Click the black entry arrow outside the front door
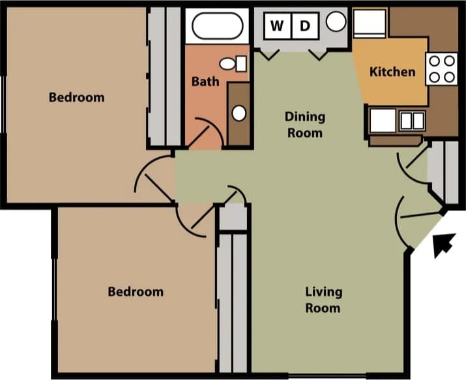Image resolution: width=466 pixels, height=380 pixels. (x=444, y=245)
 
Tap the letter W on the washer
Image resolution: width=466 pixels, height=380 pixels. (x=277, y=26)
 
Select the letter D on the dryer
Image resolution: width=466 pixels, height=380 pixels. (x=304, y=26)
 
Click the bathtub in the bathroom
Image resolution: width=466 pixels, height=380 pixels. (x=218, y=26)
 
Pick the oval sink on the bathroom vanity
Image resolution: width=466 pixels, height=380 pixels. (x=239, y=113)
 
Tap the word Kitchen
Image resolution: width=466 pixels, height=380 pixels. (x=392, y=72)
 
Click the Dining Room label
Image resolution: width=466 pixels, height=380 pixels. (x=304, y=124)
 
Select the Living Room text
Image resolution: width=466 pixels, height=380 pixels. (x=323, y=299)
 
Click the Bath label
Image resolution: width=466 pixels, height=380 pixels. (x=205, y=82)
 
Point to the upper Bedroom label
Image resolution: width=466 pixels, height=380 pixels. (x=77, y=98)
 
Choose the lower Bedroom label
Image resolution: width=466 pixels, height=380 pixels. (x=136, y=291)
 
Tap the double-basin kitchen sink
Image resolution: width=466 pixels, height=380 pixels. (x=412, y=121)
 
